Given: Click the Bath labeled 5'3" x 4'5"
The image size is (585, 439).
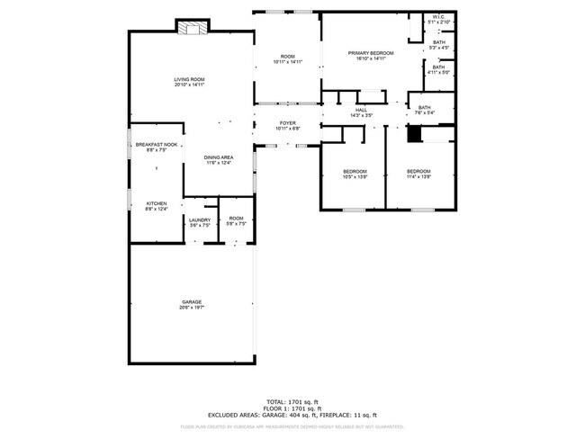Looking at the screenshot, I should pos(438,45).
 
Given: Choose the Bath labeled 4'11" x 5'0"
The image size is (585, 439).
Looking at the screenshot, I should pos(438,69).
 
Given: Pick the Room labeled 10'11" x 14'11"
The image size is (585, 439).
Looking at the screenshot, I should pos(287,59).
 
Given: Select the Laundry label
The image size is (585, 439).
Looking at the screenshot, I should pos(199,222).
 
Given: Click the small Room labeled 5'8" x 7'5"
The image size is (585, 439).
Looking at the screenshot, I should pos(236,221).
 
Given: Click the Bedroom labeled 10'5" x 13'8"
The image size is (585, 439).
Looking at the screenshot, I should pos(355,174).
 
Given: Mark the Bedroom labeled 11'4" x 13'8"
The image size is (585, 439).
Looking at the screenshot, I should pos(418,174).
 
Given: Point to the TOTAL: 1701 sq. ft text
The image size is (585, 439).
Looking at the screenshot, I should pos(292,402).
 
